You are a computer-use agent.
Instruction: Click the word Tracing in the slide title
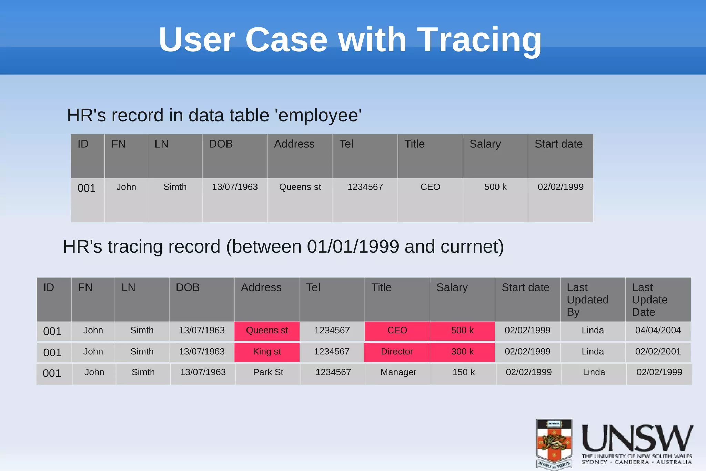(480, 40)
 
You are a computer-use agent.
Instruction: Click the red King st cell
(267, 352)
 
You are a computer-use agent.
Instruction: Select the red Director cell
(397, 352)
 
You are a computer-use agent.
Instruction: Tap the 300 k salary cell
(462, 352)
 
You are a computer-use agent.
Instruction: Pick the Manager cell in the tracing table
(398, 372)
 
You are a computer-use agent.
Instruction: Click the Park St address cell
(268, 372)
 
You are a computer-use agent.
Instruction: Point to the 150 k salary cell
(463, 372)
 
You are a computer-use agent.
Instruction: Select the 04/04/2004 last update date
(658, 331)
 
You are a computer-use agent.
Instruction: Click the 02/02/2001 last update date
(658, 352)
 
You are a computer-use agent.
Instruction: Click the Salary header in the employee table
(485, 144)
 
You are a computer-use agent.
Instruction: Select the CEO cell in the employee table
(430, 187)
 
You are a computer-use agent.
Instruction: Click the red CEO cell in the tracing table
(397, 331)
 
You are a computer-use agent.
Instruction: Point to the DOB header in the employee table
(221, 144)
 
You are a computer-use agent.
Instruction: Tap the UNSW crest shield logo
(554, 444)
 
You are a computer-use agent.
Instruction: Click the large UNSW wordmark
(637, 438)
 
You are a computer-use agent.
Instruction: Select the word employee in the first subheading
(318, 116)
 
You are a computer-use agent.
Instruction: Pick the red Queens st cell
(267, 331)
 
